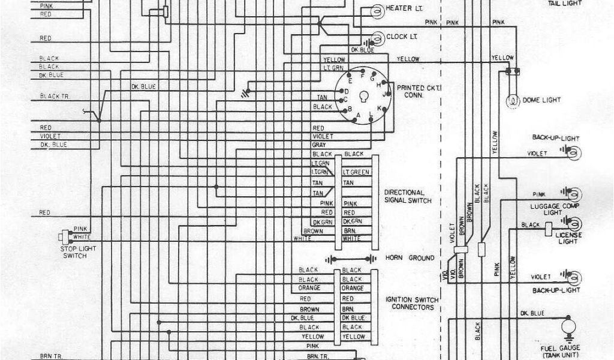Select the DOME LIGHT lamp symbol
[x=513, y=100]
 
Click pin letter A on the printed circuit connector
[x=359, y=115]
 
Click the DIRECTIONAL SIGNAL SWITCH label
[x=407, y=196]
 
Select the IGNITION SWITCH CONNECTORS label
[x=413, y=302]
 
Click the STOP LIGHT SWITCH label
[x=73, y=252]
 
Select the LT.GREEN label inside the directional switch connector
[x=356, y=173]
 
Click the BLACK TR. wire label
[x=54, y=97]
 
